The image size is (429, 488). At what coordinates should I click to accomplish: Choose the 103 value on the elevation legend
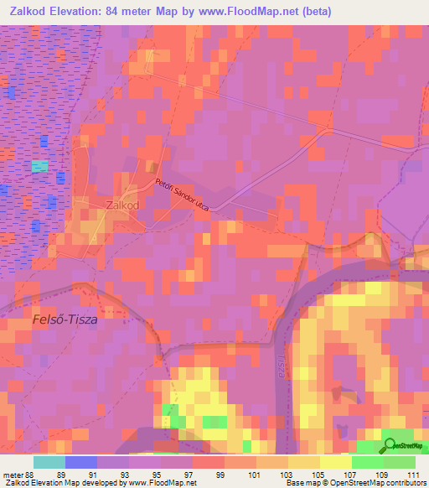pyautogui.click(x=286, y=474)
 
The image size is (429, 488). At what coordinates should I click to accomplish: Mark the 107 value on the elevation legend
pyautogui.click(x=349, y=474)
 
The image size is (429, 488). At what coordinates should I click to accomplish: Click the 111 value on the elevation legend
pyautogui.click(x=411, y=474)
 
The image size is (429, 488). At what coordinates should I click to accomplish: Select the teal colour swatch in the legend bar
pyautogui.click(x=49, y=462)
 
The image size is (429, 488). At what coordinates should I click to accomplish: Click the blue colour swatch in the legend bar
pyautogui.click(x=81, y=462)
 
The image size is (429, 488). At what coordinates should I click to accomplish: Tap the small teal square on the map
pyautogui.click(x=39, y=166)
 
